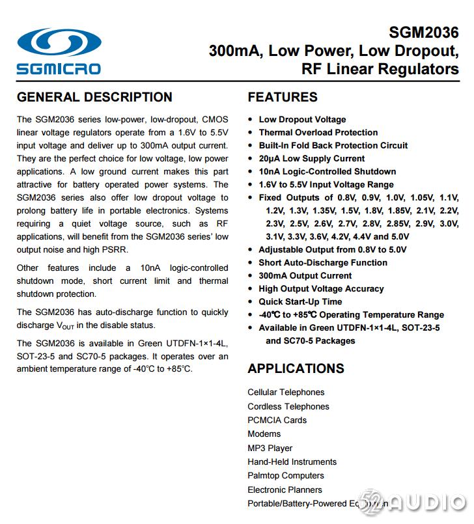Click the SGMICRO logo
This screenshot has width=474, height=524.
(59, 51)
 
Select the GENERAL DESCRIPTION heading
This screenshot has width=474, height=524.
(94, 97)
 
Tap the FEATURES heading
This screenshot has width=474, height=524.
(283, 97)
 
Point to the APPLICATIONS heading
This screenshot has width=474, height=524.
(296, 368)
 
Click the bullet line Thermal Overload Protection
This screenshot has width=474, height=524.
(318, 132)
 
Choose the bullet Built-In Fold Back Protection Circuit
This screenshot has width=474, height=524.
(333, 145)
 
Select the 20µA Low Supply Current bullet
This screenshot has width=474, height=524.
(311, 158)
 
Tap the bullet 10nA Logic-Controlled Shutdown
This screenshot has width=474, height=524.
(327, 171)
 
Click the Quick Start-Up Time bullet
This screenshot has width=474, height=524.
(300, 301)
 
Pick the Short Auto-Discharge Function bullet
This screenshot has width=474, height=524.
(322, 262)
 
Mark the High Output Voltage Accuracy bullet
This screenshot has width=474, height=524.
(321, 288)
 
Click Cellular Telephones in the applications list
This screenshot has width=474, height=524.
(286, 392)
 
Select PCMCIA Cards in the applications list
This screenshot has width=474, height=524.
(277, 420)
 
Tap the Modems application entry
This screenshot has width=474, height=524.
(264, 434)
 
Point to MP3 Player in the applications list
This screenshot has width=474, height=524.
(270, 448)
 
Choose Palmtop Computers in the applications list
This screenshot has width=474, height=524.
(285, 475)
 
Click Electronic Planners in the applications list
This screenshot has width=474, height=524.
(285, 490)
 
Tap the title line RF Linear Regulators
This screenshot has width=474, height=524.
(380, 69)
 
